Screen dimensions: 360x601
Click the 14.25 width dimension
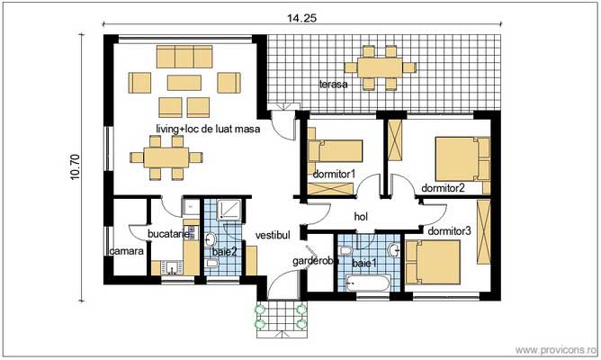tap(300, 15)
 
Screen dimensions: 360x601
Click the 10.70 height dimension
tap(76, 167)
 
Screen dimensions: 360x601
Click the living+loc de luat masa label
tap(208, 130)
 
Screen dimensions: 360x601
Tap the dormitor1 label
tap(334, 174)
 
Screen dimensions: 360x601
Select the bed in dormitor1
tap(335, 148)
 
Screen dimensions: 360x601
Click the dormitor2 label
tap(443, 189)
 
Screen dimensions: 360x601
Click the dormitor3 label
tap(449, 231)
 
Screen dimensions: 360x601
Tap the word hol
tap(362, 216)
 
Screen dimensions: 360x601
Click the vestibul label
tap(273, 235)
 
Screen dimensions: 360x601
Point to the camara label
tap(127, 252)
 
